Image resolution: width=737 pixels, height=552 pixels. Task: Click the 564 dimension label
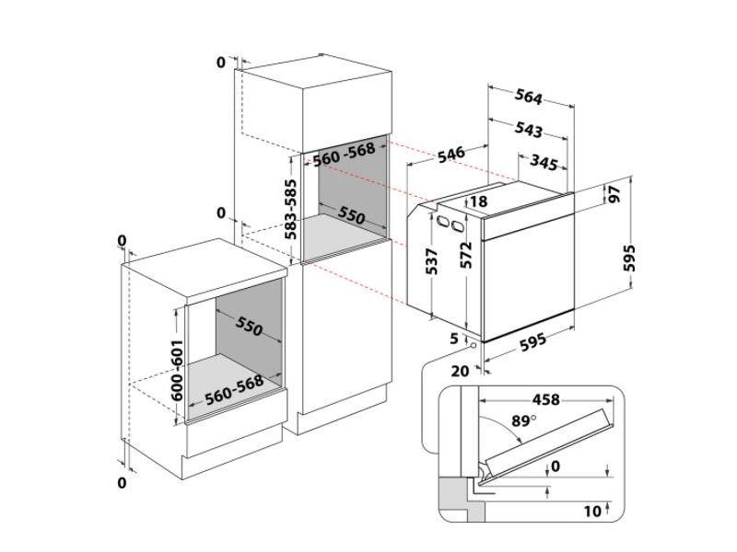(529, 97)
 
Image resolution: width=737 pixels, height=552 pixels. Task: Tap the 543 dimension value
(528, 129)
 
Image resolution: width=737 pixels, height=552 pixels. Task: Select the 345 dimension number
(544, 162)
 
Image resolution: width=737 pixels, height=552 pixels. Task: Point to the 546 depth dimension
(451, 154)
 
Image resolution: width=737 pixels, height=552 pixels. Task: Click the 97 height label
(614, 193)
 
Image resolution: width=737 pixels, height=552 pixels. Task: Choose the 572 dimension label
(466, 256)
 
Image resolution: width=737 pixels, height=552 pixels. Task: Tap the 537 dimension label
(431, 262)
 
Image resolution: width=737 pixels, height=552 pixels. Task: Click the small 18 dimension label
(478, 201)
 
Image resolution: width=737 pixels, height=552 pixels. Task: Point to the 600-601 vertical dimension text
(177, 371)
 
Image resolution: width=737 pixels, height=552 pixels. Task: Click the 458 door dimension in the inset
(545, 399)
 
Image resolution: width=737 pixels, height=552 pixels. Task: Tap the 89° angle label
(524, 420)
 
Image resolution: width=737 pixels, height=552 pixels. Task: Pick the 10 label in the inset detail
(592, 512)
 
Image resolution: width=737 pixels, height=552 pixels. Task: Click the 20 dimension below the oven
(460, 372)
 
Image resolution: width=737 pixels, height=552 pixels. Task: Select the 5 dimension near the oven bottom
(454, 339)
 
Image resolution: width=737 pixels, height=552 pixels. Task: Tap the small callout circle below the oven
(473, 346)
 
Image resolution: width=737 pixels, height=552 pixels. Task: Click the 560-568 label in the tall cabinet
(344, 155)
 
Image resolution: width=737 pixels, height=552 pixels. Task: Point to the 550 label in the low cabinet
(249, 327)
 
